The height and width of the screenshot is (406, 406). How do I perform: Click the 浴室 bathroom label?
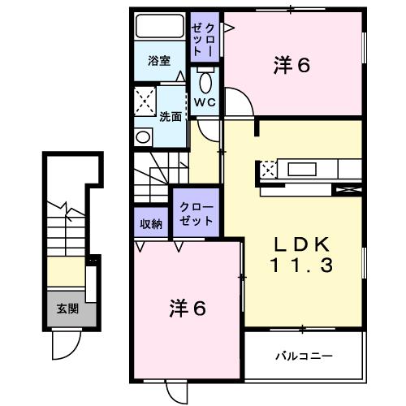(158, 61)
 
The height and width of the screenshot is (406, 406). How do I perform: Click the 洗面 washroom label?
(170, 116)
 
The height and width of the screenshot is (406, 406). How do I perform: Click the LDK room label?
(300, 244)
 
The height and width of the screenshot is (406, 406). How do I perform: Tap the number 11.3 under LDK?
(300, 265)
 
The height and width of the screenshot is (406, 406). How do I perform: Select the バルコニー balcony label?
(302, 356)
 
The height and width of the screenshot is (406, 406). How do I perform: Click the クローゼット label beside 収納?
(196, 214)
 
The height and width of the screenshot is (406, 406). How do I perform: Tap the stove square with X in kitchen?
(269, 171)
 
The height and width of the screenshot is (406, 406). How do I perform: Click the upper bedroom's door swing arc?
(239, 103)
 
